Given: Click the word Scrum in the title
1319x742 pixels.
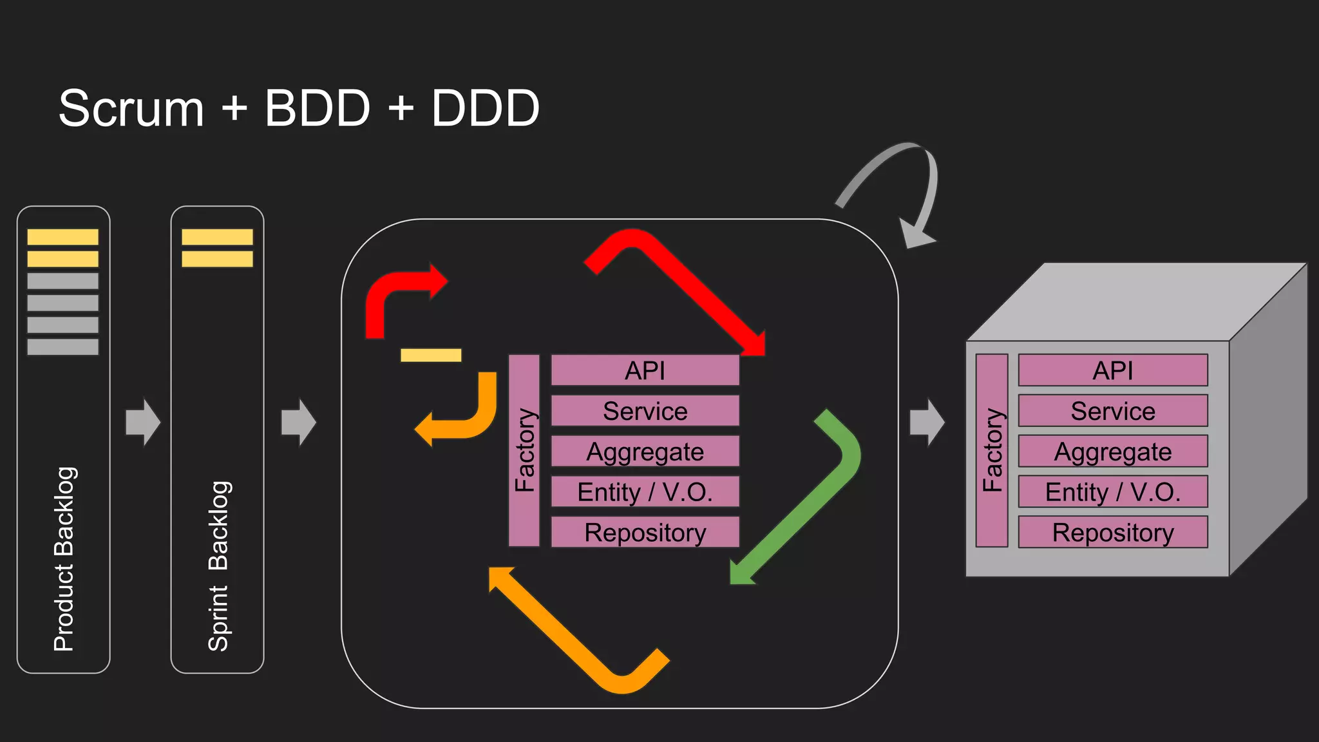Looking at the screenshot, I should [x=131, y=108].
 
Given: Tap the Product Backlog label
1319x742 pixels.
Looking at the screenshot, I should [x=64, y=559].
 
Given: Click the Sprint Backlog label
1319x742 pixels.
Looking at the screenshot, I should [x=218, y=566].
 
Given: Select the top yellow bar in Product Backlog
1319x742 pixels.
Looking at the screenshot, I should [x=62, y=236].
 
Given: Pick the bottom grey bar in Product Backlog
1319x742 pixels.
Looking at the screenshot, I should [x=62, y=347].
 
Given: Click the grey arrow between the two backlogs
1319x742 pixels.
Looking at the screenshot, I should [x=142, y=422].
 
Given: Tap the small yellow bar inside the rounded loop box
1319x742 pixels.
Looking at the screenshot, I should [x=431, y=355].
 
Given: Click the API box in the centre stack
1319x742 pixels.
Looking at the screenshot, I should [x=645, y=370].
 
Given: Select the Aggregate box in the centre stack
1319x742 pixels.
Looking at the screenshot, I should [x=645, y=452].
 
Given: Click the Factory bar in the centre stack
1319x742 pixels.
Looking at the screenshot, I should [x=524, y=450].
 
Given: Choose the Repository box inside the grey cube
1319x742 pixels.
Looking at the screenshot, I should [x=1112, y=532].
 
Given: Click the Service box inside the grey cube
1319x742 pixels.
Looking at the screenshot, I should [x=1112, y=411].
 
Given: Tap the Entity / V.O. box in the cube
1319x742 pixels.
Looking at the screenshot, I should [x=1112, y=492].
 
